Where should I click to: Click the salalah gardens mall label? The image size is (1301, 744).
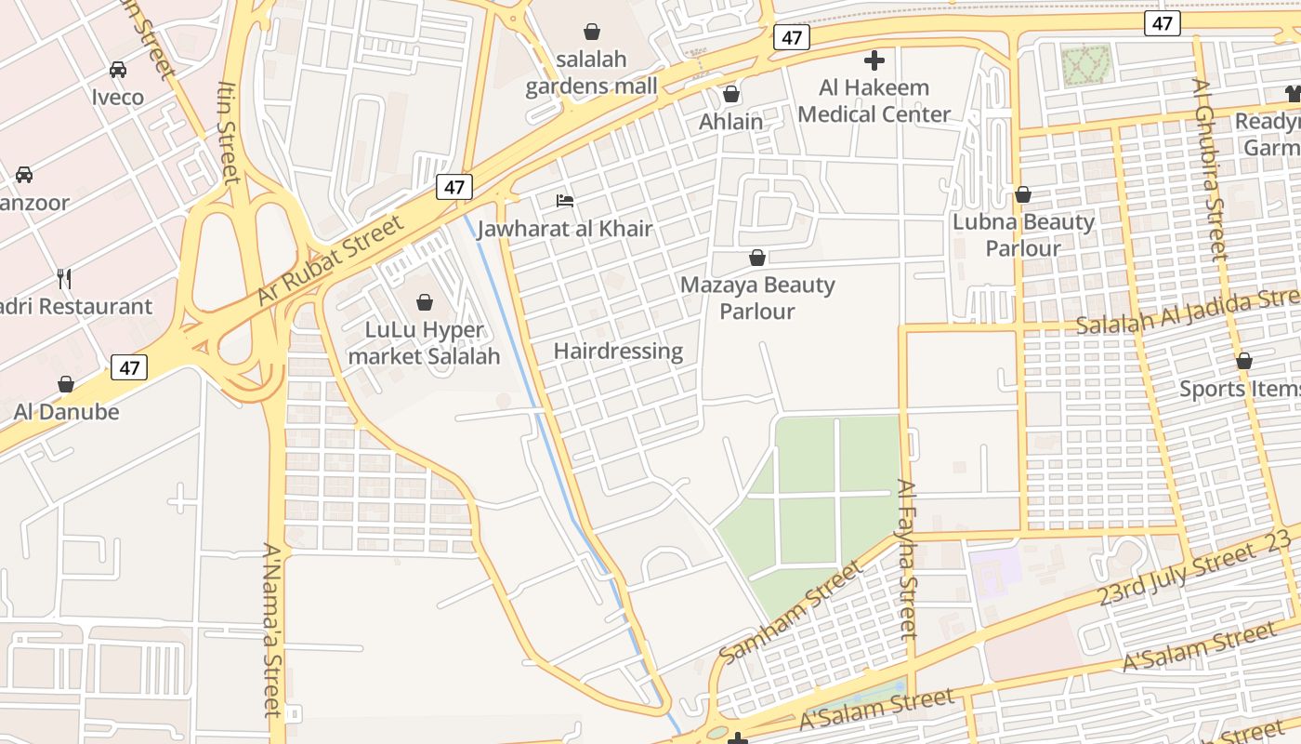point(592,73)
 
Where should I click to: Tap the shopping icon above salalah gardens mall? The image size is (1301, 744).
point(592,32)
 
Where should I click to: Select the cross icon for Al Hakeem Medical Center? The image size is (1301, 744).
point(874,61)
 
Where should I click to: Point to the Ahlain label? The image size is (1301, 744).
point(731,121)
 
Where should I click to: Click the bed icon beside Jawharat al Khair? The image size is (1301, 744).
point(564,200)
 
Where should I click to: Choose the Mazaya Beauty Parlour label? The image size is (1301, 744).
point(757,298)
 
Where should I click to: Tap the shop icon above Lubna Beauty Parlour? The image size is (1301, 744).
point(1023,194)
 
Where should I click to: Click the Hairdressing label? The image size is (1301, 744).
point(618,351)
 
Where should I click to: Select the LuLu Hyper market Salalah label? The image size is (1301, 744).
point(424,343)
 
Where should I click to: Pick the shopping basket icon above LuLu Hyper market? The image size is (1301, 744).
point(425,302)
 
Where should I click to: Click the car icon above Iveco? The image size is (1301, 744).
point(118,70)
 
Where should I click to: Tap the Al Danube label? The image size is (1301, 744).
point(66,411)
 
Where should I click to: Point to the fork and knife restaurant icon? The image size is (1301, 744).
point(64,278)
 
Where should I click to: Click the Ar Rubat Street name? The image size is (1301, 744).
point(331,259)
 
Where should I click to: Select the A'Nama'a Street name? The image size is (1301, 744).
point(270,630)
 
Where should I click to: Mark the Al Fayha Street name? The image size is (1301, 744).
point(908,558)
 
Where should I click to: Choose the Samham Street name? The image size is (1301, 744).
point(791,612)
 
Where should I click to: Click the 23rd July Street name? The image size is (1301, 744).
point(1176,575)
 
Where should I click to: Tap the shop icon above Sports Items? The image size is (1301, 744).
point(1243,361)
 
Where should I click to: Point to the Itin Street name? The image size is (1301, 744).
point(230,131)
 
